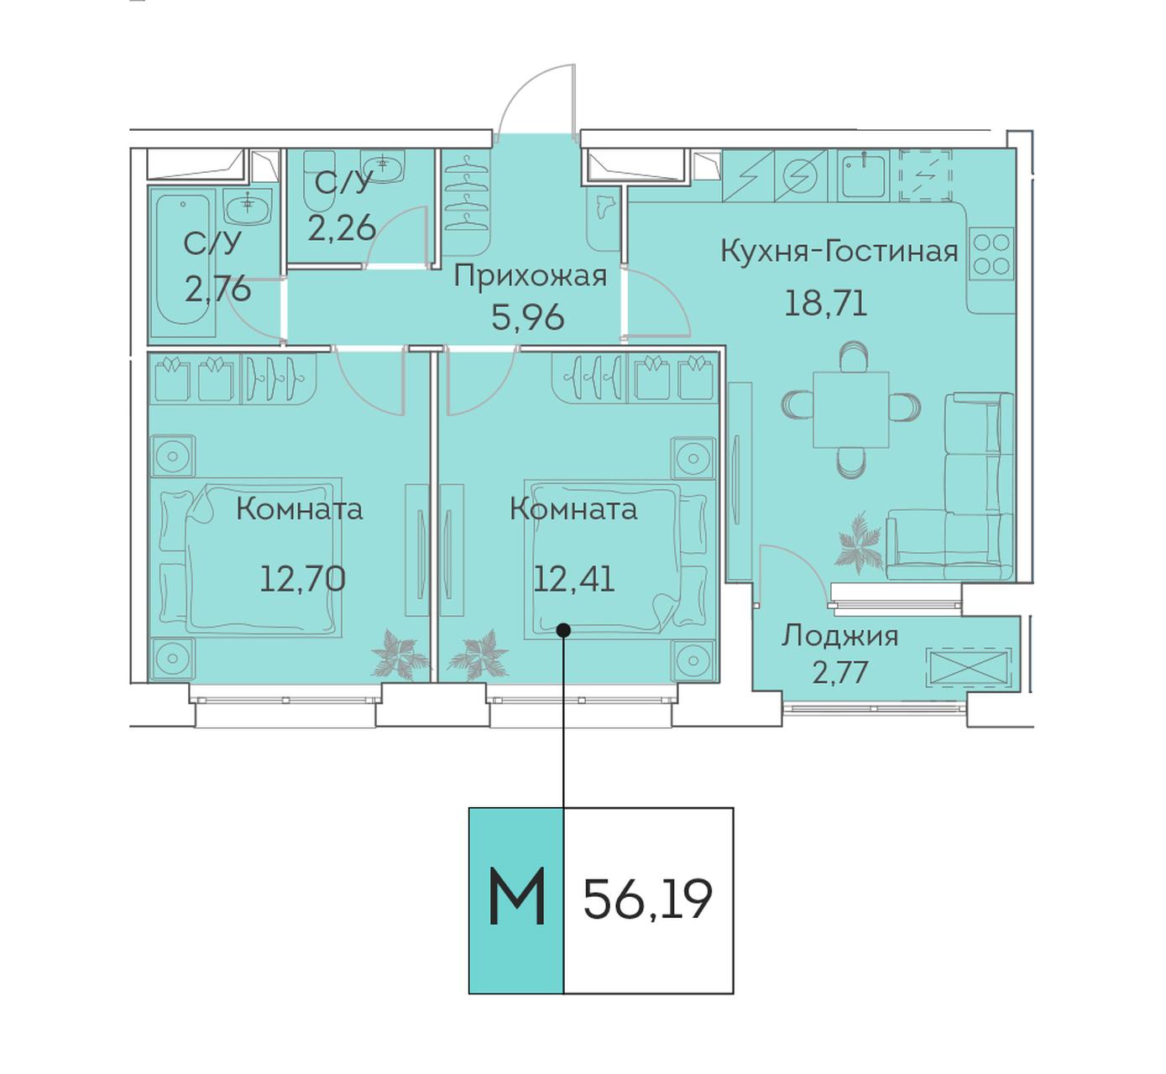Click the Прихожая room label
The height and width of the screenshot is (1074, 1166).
[x=530, y=278]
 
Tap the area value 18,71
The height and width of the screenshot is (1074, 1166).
[x=825, y=304]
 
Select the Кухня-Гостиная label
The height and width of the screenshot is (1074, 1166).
[x=839, y=252]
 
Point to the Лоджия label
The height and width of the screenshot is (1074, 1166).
[x=839, y=636]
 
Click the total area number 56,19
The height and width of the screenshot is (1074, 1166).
[x=647, y=899]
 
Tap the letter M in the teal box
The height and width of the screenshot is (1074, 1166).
[x=516, y=895]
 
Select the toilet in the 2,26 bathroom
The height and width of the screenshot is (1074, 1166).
[x=319, y=180]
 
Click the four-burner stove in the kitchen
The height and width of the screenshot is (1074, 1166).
[x=991, y=254]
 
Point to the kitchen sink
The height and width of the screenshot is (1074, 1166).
[x=864, y=175]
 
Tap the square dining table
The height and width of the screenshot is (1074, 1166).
[x=851, y=409]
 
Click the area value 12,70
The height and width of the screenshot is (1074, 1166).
[x=302, y=580]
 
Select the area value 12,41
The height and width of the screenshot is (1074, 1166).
[x=573, y=580]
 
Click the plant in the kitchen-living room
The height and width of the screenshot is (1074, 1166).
[x=859, y=542]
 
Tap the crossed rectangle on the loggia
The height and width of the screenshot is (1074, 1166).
[x=968, y=666]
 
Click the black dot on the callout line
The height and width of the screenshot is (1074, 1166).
[x=562, y=630]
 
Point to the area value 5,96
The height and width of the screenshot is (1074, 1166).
[x=528, y=318]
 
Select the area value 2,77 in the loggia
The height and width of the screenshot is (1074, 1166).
[x=840, y=673]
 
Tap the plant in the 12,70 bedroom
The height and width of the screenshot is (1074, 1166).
[x=400, y=655]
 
